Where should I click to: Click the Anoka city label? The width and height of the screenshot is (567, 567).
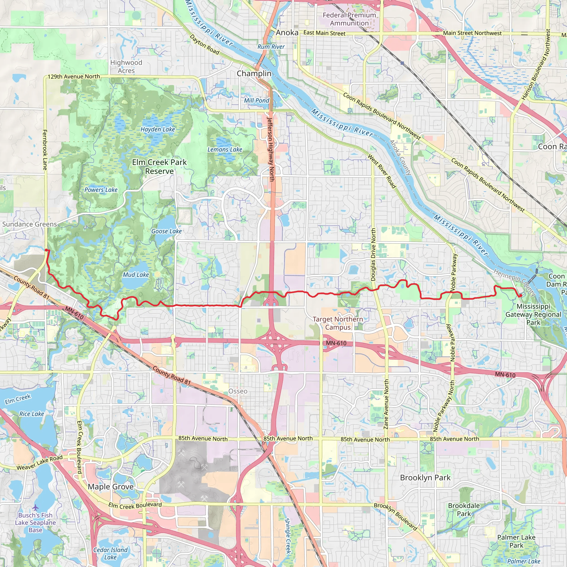(287, 33)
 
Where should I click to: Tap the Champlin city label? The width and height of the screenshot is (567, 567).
(254, 73)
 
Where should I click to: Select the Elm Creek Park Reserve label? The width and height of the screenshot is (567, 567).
(159, 166)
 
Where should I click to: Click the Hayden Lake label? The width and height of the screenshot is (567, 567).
(158, 129)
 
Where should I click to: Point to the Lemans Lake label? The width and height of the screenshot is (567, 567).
(225, 150)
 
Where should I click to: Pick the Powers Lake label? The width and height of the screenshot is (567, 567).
(101, 190)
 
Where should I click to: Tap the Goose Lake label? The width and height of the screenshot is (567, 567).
(166, 231)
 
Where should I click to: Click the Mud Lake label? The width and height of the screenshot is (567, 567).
(136, 275)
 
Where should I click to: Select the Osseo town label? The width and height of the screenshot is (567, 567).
(238, 391)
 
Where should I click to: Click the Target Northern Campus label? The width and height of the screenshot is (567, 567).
(337, 323)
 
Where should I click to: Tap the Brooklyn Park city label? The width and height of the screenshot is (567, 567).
(425, 478)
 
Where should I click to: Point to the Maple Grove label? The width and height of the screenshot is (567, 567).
(111, 487)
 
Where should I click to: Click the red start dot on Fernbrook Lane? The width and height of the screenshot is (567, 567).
(46, 250)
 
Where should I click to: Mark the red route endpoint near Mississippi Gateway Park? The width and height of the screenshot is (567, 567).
(520, 295)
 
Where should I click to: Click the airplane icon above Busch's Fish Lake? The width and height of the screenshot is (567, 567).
(35, 507)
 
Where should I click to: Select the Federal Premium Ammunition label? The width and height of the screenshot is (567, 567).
(349, 19)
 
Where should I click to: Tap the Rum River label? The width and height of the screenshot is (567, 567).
(271, 47)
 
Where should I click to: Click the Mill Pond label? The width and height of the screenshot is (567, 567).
(256, 100)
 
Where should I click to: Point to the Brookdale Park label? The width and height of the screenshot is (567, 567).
(464, 510)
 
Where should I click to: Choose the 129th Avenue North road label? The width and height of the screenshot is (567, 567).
(74, 77)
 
